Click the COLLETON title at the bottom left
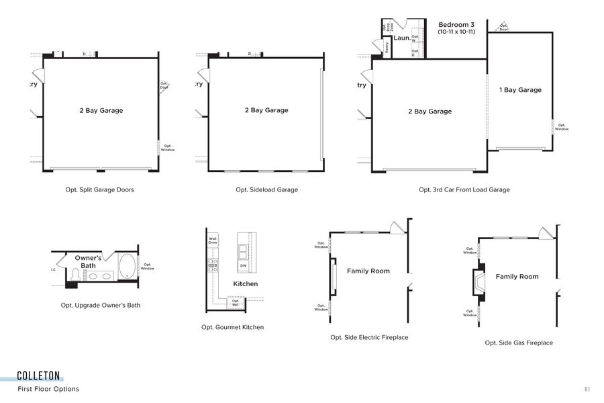[x=39, y=375]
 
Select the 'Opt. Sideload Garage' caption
[x=266, y=189]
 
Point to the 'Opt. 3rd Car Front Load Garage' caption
[x=464, y=189]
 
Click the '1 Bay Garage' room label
[x=520, y=90]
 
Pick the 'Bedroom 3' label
[x=456, y=24]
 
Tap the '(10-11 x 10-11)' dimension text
[x=456, y=32]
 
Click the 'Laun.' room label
[x=401, y=38]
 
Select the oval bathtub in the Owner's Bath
[x=126, y=267]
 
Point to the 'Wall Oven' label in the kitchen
[x=213, y=240]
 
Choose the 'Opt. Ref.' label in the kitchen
[x=236, y=302]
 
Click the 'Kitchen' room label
[x=245, y=284]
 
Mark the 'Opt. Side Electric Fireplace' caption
[x=369, y=337]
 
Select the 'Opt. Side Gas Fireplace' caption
[x=519, y=343]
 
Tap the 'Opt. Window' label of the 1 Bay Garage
[x=561, y=127]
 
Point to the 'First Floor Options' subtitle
[x=48, y=389]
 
